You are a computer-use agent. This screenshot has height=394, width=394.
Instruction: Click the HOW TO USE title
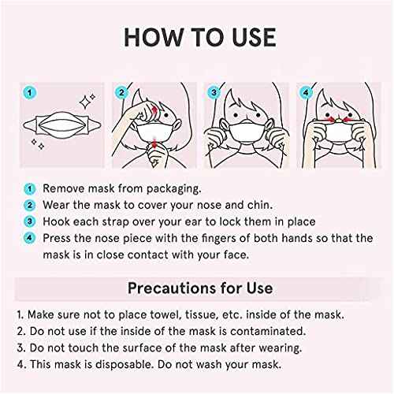[197, 37]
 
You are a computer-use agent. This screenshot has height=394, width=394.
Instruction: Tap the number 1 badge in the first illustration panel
[28, 93]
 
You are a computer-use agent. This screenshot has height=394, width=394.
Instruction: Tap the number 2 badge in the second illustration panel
[121, 93]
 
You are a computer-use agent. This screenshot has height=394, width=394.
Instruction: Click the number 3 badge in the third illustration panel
[213, 93]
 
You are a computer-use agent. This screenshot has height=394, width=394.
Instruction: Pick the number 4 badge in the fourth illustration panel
[304, 93]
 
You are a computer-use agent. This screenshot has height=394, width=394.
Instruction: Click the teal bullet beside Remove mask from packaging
[28, 189]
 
